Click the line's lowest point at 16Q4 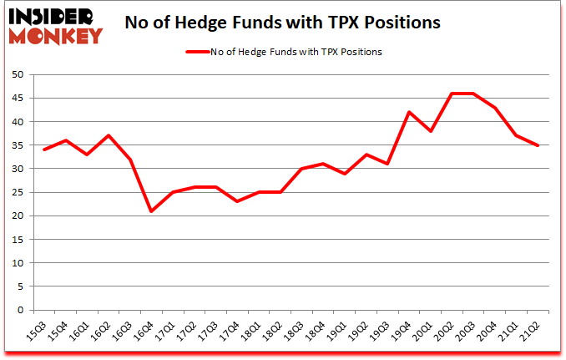tap(151, 211)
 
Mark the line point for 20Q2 tap(452, 94)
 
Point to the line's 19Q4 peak tap(408, 112)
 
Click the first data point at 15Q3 tap(43, 150)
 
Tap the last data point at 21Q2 tap(538, 145)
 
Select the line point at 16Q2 tap(108, 135)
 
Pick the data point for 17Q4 tap(237, 201)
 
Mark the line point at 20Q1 tap(430, 131)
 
